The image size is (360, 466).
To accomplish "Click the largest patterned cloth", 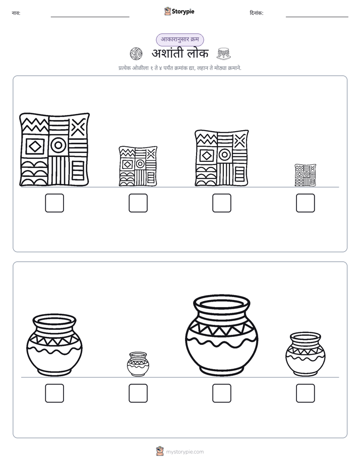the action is [x=54, y=149].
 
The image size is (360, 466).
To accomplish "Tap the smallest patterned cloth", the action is [x=306, y=175].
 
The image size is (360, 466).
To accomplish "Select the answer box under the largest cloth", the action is [x=54, y=203].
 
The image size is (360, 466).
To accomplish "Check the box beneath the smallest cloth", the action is [x=306, y=203].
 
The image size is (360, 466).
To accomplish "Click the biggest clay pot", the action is [x=221, y=335].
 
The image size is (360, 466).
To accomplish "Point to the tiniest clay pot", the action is [x=138, y=364].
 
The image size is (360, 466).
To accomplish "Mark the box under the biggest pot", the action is [x=221, y=393].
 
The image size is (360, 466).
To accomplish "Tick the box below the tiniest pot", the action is [x=138, y=393].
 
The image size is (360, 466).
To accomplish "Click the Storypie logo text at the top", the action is [x=183, y=12].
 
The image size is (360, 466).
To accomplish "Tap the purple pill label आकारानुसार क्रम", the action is [x=180, y=39].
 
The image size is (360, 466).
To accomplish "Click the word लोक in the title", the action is [x=198, y=53].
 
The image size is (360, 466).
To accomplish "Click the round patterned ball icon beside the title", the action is [x=136, y=54].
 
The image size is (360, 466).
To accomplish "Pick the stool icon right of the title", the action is [x=224, y=54].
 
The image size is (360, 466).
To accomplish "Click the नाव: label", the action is [x=16, y=13].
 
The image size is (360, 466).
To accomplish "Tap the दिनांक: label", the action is [x=257, y=13].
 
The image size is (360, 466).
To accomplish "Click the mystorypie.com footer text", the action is [x=185, y=452].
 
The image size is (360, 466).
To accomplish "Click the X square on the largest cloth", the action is [x=79, y=127].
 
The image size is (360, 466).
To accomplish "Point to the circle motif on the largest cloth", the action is [x=58, y=145].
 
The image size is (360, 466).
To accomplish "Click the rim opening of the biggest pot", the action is [x=221, y=305].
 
